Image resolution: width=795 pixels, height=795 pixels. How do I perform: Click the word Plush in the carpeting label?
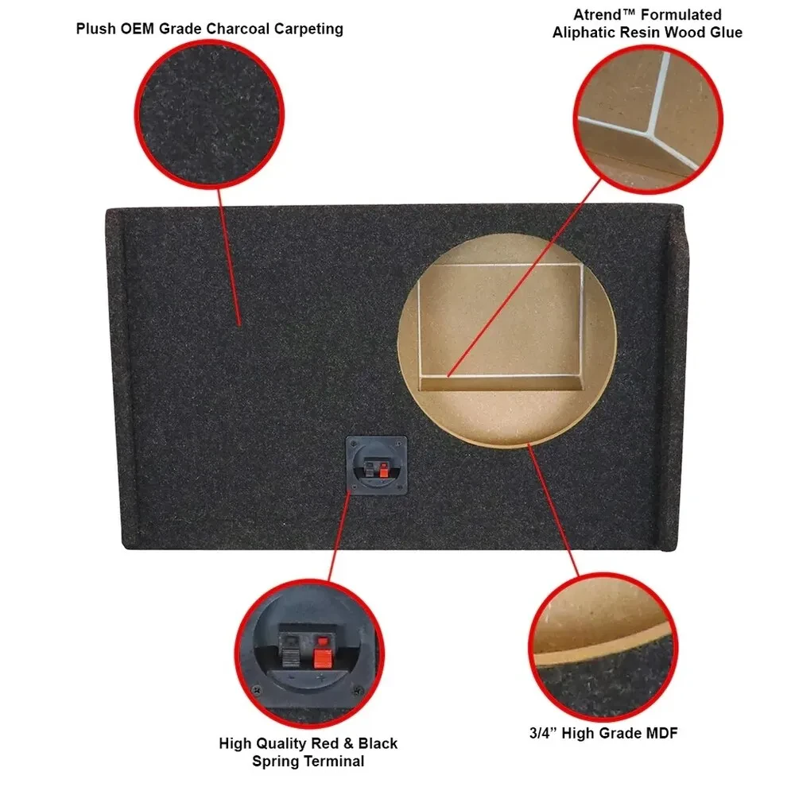click(96, 29)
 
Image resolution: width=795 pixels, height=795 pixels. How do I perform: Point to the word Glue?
click(726, 33)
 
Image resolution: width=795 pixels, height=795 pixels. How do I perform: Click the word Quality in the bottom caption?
click(281, 743)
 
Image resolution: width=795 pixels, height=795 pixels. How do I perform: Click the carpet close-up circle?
click(209, 114)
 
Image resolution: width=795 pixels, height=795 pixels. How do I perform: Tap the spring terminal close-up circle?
click(309, 653)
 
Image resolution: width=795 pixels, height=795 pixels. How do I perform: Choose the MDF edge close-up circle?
click(603, 646)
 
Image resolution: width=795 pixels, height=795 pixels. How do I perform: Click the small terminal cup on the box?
click(377, 465)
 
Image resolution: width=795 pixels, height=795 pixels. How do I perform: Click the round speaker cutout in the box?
click(507, 340)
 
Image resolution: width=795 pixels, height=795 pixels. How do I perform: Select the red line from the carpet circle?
click(229, 257)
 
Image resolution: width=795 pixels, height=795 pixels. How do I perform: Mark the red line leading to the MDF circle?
click(553, 510)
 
